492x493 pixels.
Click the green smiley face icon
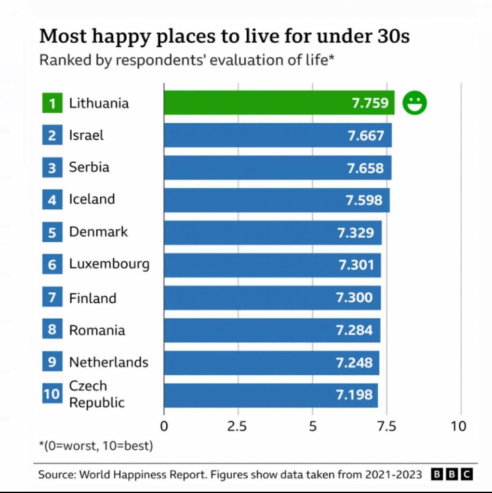click(x=415, y=103)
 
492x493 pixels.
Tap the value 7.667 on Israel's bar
click(x=366, y=135)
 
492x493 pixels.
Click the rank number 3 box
click(x=52, y=168)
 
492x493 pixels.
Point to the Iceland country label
click(x=92, y=199)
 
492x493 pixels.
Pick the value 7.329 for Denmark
click(x=356, y=233)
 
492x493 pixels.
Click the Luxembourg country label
click(x=109, y=264)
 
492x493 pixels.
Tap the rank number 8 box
click(x=52, y=330)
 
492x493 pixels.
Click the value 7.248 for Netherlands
click(x=354, y=362)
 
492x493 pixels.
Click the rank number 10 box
click(x=52, y=394)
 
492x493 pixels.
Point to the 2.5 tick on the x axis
click(x=238, y=426)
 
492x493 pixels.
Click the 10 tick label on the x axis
click(x=459, y=426)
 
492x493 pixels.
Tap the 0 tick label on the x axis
click(x=164, y=426)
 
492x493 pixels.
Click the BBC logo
click(x=452, y=474)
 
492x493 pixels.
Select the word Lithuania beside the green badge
click(x=99, y=103)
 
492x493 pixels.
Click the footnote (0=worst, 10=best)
click(x=96, y=446)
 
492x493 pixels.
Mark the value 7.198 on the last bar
click(x=354, y=395)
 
